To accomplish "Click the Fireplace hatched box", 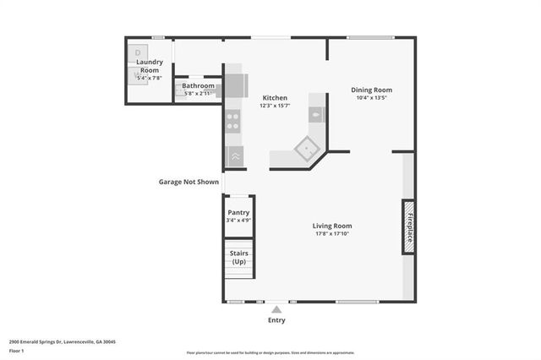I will [408, 226].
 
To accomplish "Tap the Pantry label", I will [238, 212].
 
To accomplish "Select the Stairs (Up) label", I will [238, 255].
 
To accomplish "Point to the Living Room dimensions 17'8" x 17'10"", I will [332, 234].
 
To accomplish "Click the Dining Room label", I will [371, 90].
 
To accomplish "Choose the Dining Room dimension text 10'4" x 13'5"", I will [371, 97].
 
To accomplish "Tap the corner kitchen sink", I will [305, 150].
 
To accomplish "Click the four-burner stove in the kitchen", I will [234, 121].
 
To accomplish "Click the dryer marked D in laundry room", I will [139, 53].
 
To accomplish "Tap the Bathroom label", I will [198, 85].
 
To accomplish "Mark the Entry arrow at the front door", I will [276, 309].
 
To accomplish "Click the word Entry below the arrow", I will [276, 320].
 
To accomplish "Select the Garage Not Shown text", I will [189, 182].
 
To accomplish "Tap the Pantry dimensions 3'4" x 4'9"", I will [238, 220].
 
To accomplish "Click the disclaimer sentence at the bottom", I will [270, 353].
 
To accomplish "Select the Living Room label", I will [332, 226].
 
